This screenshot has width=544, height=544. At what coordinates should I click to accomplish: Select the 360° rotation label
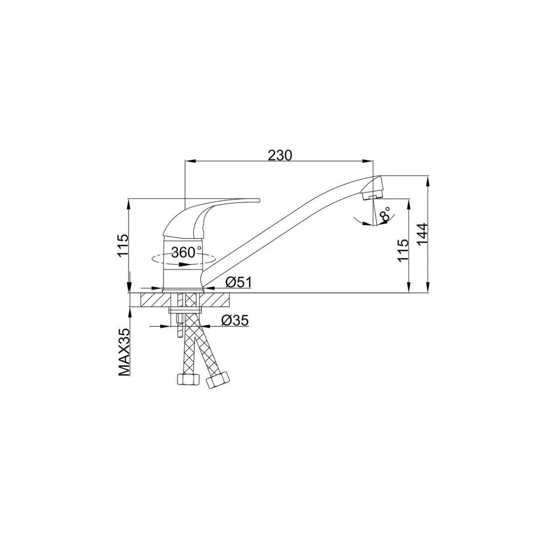pyautogui.click(x=187, y=252)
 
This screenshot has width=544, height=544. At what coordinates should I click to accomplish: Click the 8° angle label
pyautogui.click(x=385, y=214)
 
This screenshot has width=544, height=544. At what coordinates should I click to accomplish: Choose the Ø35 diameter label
pyautogui.click(x=235, y=320)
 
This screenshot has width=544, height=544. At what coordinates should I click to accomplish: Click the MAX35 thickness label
pyautogui.click(x=125, y=352)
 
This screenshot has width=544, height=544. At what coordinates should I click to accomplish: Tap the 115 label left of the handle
pyautogui.click(x=123, y=245)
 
